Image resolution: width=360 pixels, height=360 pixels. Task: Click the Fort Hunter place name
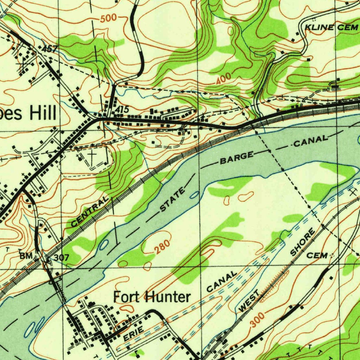tap(152, 297)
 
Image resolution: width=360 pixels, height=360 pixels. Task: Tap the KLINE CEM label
tap(327, 28)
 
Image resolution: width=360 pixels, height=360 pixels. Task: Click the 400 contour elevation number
tap(224, 79)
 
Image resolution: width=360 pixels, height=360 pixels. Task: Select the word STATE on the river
tap(173, 200)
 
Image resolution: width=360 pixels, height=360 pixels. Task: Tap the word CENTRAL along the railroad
tap(90, 212)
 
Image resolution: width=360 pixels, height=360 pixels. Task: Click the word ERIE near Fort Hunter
tap(133, 333)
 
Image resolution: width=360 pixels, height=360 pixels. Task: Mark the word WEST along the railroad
tap(249, 301)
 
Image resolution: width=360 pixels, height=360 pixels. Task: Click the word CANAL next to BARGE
tap(310, 141)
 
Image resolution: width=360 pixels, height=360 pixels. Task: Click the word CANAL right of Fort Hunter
tap(222, 282)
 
